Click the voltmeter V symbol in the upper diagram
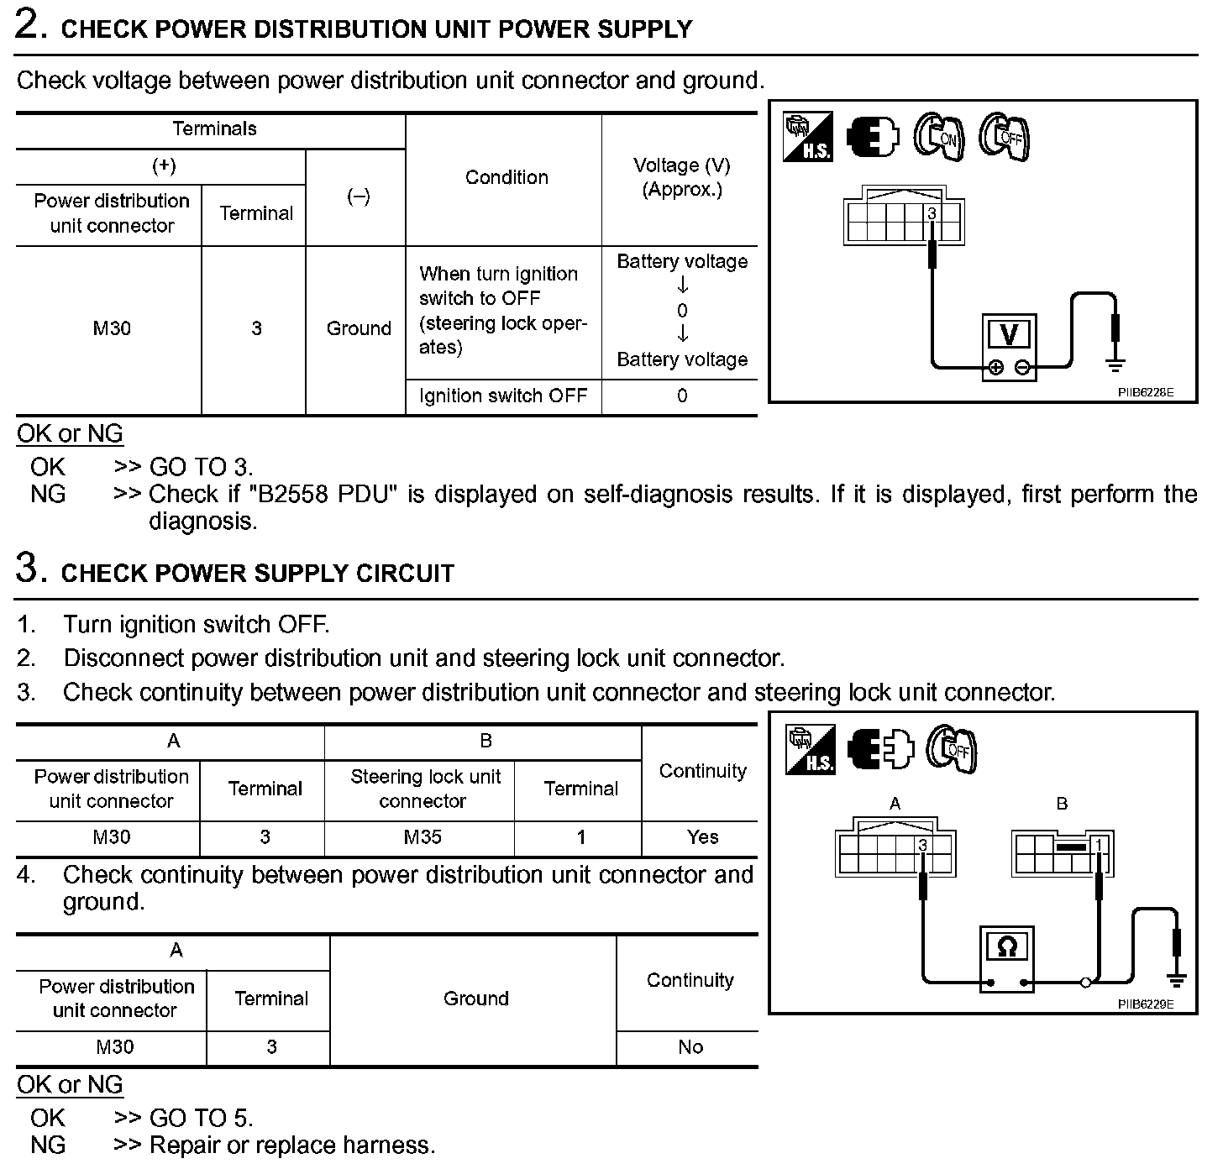click(1009, 335)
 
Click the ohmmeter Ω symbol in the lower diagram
click(1006, 947)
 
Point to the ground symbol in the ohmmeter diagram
click(1176, 978)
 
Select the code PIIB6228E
click(1146, 391)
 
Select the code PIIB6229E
click(1146, 1004)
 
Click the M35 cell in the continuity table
click(423, 837)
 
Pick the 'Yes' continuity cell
click(702, 837)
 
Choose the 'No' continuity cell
click(690, 1047)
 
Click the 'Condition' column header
click(507, 177)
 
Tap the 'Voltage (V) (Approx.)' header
click(682, 177)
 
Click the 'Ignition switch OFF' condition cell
click(503, 396)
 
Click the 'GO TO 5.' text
click(201, 1118)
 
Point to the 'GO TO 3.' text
click(201, 467)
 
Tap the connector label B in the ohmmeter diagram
click(1062, 804)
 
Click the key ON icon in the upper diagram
click(938, 136)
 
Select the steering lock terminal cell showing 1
click(580, 837)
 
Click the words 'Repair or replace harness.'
click(292, 1145)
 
